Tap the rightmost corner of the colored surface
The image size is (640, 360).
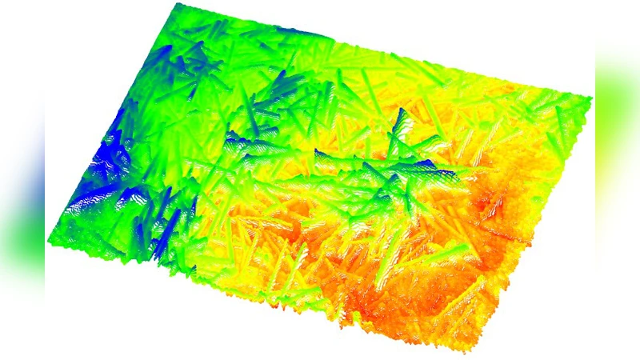pos(591,98)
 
